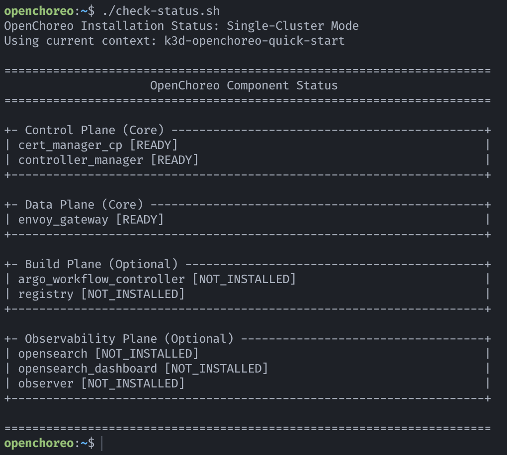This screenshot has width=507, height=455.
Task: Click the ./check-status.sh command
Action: click(x=161, y=10)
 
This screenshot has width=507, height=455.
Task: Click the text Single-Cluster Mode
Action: click(x=293, y=25)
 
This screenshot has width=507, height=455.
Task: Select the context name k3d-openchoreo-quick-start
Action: click(x=254, y=40)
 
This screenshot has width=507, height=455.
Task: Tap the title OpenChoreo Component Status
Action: click(x=244, y=85)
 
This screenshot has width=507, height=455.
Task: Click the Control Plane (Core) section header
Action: click(x=94, y=130)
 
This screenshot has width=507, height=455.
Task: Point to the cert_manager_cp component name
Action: click(x=70, y=145)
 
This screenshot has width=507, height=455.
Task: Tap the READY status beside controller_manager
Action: click(x=174, y=160)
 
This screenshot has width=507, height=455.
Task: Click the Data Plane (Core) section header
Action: click(x=84, y=205)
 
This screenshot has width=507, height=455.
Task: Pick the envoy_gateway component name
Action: click(x=63, y=220)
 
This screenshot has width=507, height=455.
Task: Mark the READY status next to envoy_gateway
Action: click(x=140, y=220)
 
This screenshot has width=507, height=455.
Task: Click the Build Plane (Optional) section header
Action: click(x=101, y=264)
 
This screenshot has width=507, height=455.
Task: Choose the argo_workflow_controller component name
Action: click(x=101, y=279)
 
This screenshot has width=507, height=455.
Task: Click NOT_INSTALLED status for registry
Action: click(x=133, y=294)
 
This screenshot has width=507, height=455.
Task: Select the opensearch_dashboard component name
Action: click(x=87, y=369)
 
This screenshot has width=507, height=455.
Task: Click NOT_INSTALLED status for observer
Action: click(x=133, y=383)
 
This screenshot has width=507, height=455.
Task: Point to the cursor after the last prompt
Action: click(x=101, y=443)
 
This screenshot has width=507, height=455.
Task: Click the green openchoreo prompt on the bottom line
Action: click(x=39, y=443)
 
